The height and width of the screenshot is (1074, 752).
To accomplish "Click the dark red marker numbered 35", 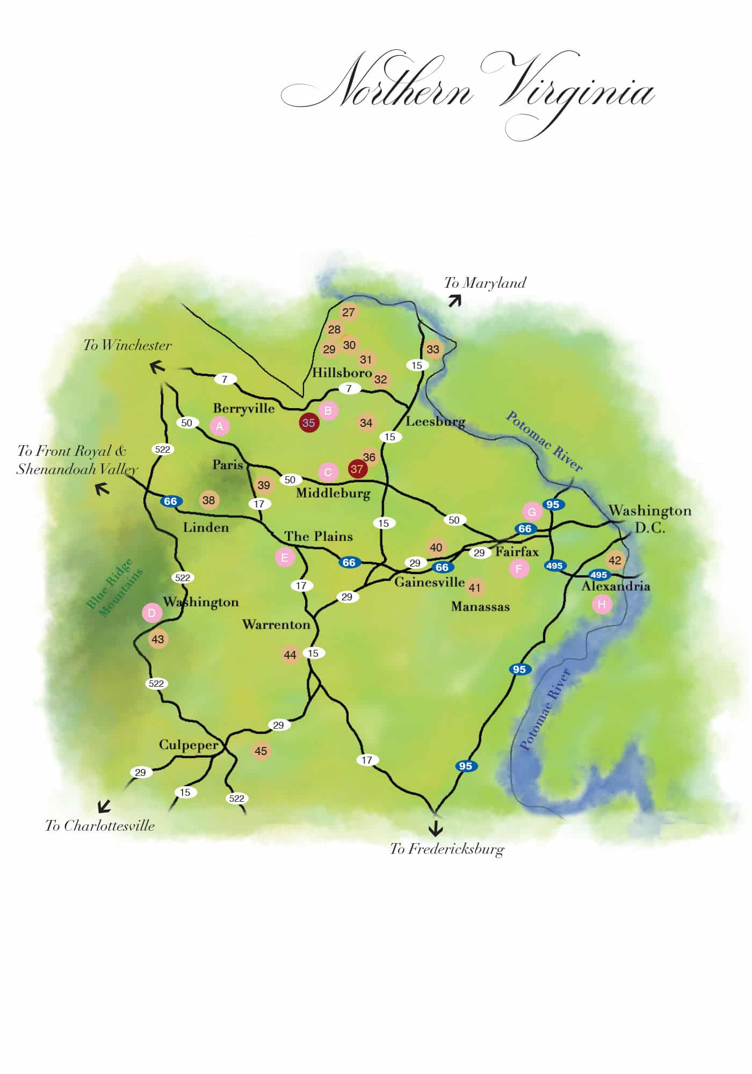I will (x=309, y=423).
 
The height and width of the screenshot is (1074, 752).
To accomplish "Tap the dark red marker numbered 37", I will (x=357, y=469).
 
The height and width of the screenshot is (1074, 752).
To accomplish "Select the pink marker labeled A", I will (x=219, y=426).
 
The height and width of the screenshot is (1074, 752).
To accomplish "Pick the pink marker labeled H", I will (x=602, y=605).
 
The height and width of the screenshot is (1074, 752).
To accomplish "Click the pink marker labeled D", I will (x=152, y=613).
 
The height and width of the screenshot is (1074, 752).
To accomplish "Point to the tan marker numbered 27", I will (x=349, y=313).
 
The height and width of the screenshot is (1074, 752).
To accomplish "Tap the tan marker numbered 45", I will (x=261, y=751).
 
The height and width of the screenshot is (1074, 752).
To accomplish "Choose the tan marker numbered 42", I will (x=615, y=561).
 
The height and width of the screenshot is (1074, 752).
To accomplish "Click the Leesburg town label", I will (x=435, y=422).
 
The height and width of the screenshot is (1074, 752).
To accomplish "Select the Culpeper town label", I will (x=189, y=745).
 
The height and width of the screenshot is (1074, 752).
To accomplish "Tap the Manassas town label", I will (x=480, y=607).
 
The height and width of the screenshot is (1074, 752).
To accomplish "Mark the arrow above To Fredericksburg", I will (x=436, y=828).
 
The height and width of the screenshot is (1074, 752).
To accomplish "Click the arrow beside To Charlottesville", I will (x=104, y=806).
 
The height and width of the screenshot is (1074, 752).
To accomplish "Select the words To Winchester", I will (x=127, y=345).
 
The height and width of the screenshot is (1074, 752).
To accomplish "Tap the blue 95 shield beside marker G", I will (x=553, y=504).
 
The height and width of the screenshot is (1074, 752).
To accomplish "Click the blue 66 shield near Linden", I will (x=170, y=502).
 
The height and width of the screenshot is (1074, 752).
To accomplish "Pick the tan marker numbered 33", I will (x=433, y=350).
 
